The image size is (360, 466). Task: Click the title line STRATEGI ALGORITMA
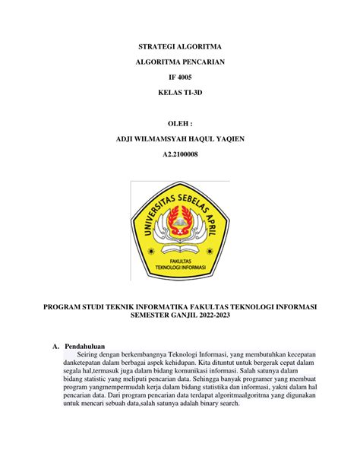pyautogui.click(x=180, y=46)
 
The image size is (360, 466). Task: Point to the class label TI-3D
pyautogui.click(x=192, y=91)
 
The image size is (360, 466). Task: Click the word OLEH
pyautogui.click(x=178, y=121)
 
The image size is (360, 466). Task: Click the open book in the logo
pyautogui.click(x=179, y=248)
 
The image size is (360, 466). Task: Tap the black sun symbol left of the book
pyautogui.click(x=152, y=249)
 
